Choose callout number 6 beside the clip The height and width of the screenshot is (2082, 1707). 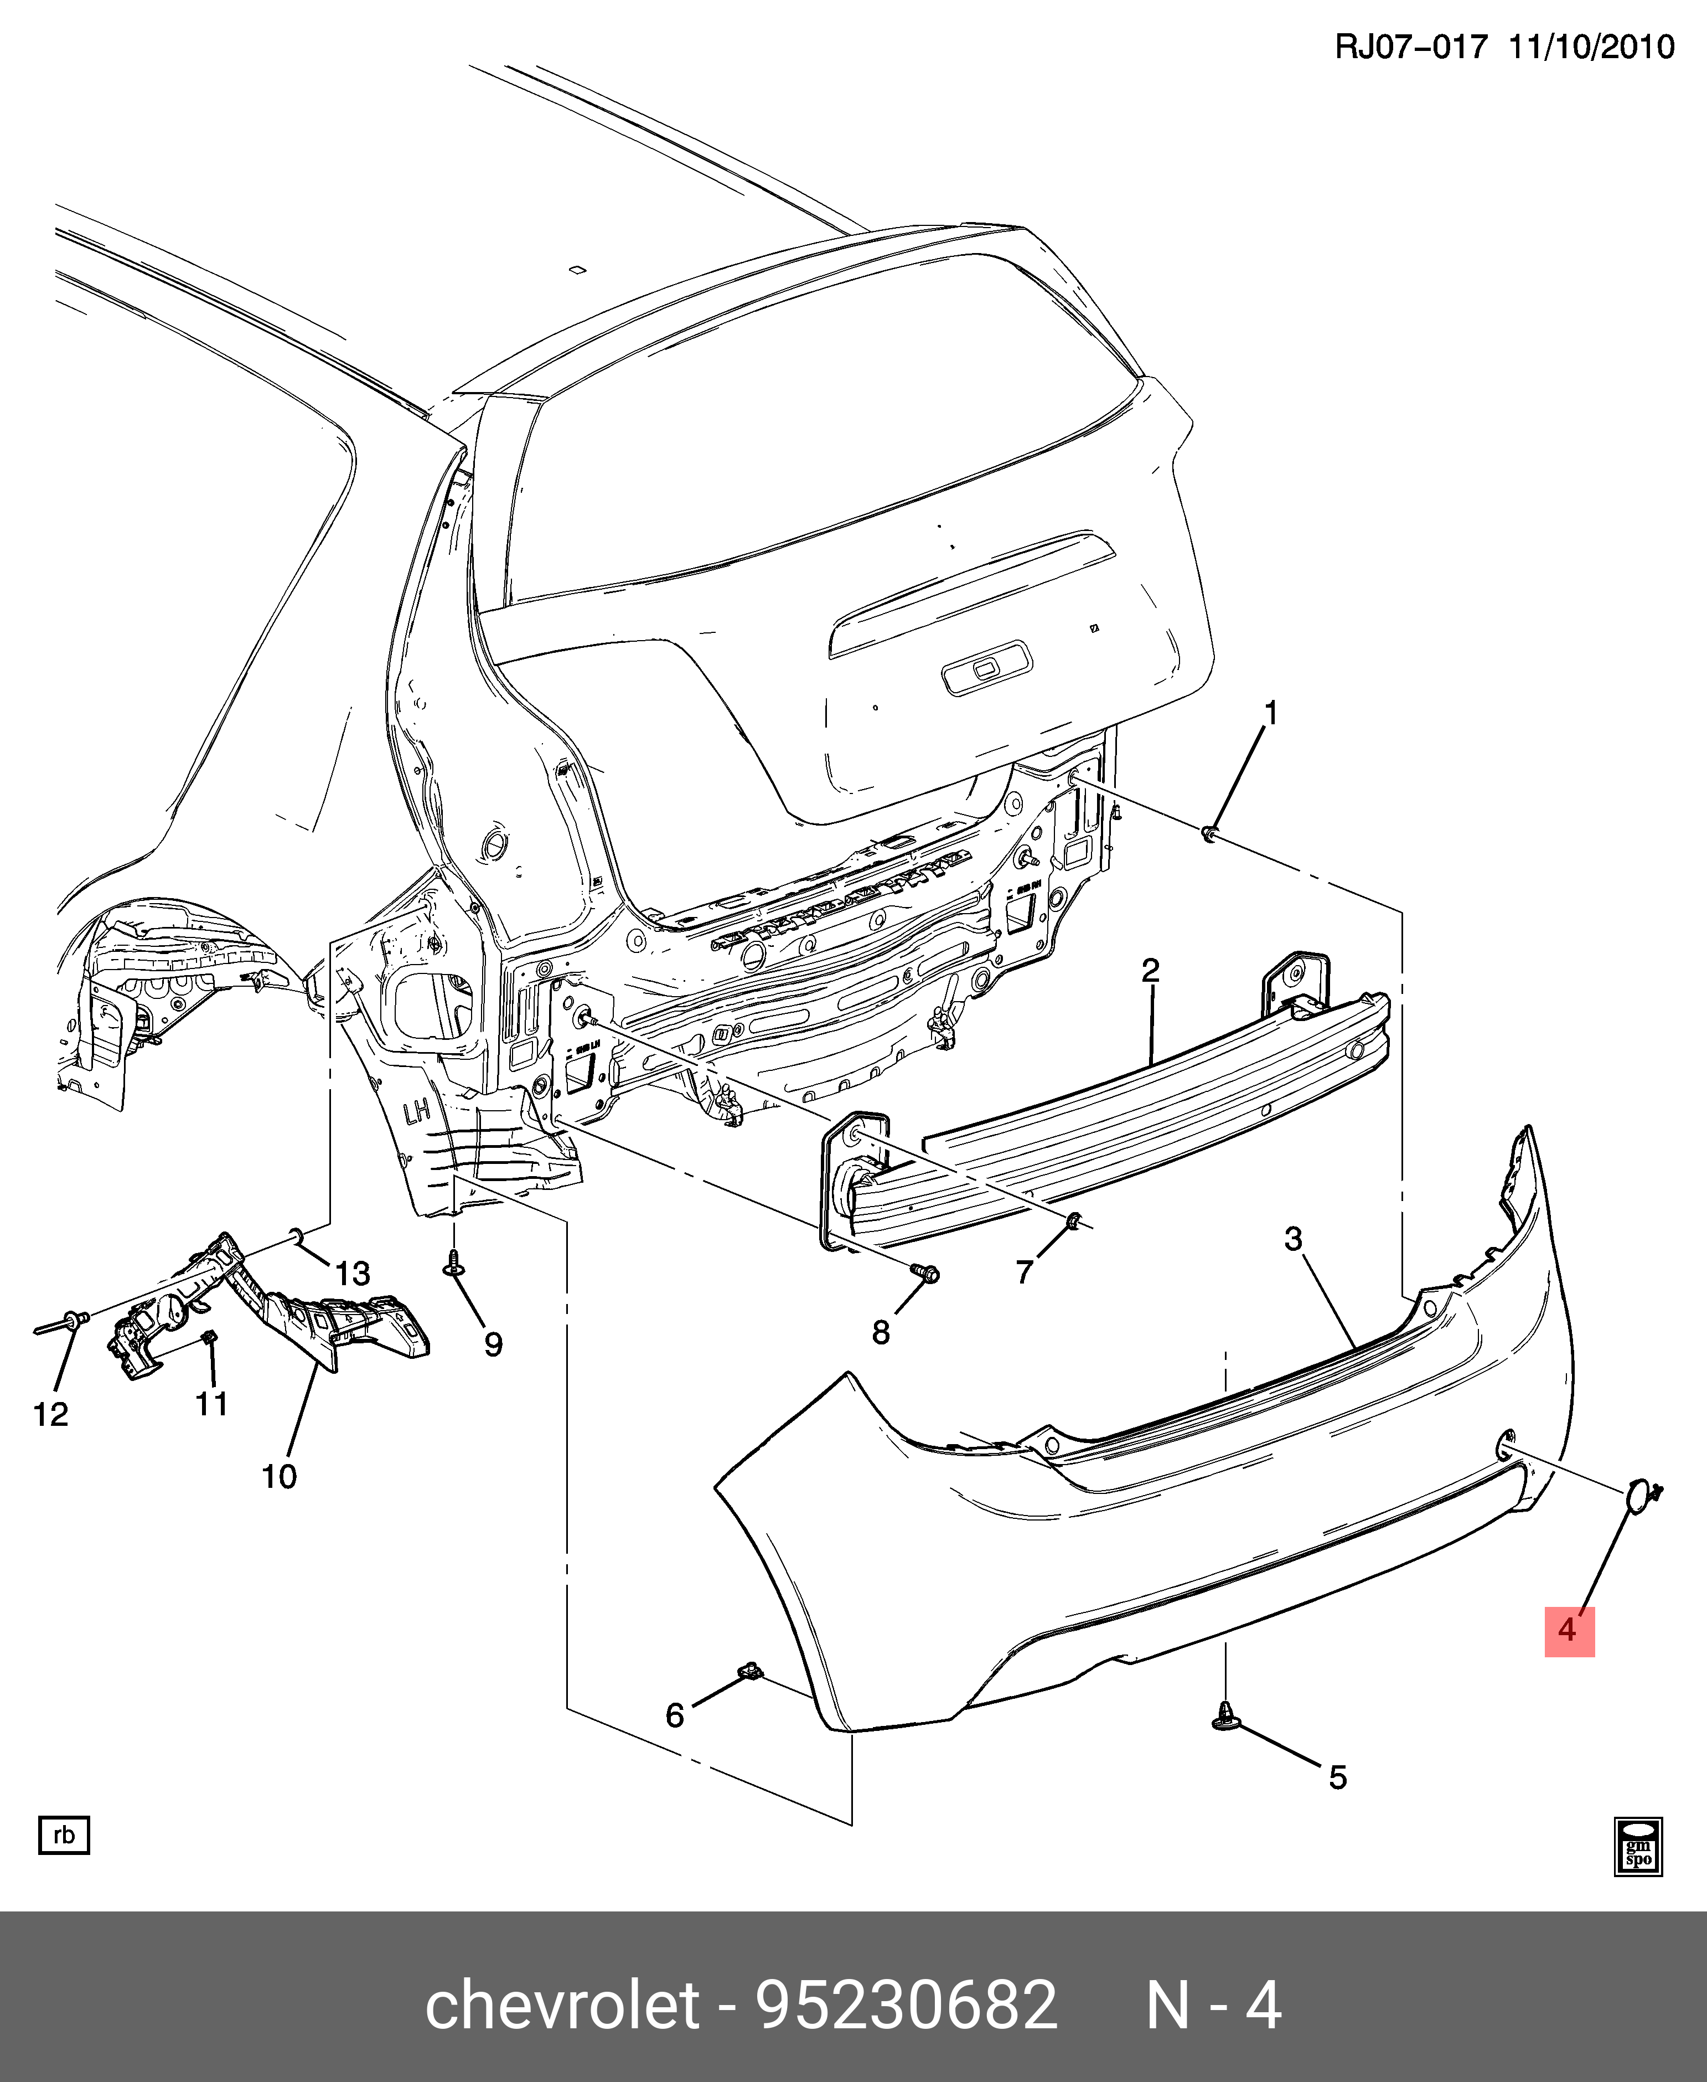click(x=675, y=1714)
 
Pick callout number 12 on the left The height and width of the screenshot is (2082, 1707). click(x=51, y=1414)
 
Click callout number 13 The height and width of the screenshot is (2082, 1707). click(x=352, y=1274)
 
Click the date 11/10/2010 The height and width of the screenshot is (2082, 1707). click(x=1591, y=46)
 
